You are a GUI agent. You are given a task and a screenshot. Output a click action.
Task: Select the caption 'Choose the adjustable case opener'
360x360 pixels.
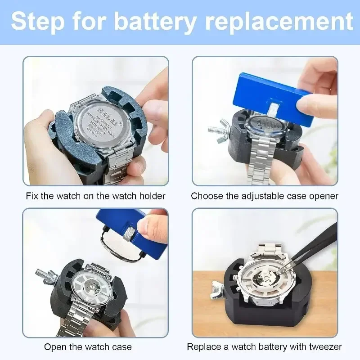265,196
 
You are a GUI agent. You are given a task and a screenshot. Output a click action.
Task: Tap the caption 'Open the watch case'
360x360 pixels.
88,346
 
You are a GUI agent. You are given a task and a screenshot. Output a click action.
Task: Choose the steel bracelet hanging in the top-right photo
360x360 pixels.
261,166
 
